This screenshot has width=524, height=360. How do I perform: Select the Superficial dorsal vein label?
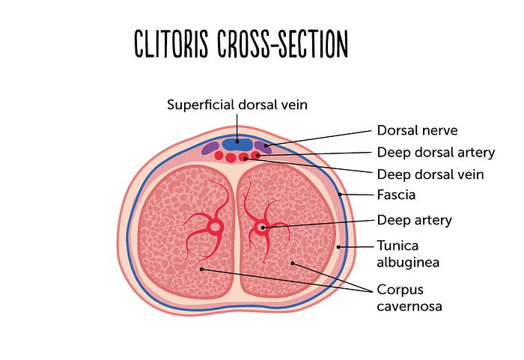click(x=237, y=105)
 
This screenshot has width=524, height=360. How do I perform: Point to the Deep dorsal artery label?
click(x=436, y=152)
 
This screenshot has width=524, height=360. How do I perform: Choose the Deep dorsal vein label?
click(x=430, y=174)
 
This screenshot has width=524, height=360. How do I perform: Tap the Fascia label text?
click(x=396, y=195)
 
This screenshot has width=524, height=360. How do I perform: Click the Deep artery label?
click(x=414, y=220)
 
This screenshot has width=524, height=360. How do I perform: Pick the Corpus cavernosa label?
click(x=409, y=296)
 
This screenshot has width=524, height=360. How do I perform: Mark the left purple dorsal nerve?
click(x=210, y=148)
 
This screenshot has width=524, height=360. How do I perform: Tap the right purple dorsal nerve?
click(x=263, y=147)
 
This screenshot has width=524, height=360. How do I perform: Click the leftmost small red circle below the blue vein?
click(x=219, y=156)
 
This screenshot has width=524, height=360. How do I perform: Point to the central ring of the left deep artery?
click(x=215, y=227)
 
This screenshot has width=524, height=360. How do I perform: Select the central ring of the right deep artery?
click(x=261, y=226)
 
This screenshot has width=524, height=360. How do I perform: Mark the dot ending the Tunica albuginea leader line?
click(x=338, y=245)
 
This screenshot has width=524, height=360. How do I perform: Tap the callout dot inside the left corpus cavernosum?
click(x=201, y=268)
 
